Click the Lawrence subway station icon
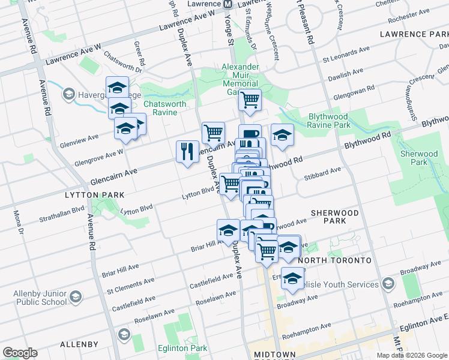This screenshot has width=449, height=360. (x=228, y=4)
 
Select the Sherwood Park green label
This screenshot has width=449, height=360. (x=418, y=158)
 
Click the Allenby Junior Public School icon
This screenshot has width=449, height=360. (x=76, y=296)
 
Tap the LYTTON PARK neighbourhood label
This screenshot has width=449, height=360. (x=96, y=195)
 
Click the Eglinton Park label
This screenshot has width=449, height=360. (x=182, y=349)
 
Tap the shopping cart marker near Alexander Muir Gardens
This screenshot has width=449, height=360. (x=249, y=100)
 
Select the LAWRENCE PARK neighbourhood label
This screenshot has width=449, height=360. (x=414, y=35)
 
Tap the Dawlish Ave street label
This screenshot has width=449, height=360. (x=345, y=73)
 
